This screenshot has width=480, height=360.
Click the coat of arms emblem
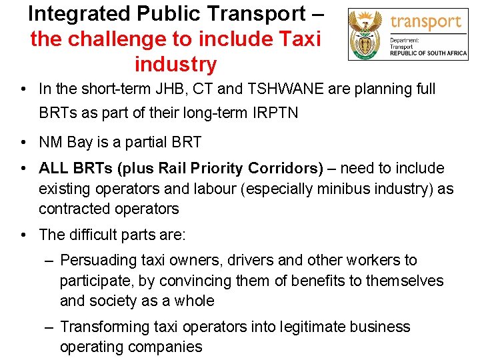click(366, 34)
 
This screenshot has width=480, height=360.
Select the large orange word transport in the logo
click(426, 21)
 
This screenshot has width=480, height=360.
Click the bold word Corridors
click(285, 169)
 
